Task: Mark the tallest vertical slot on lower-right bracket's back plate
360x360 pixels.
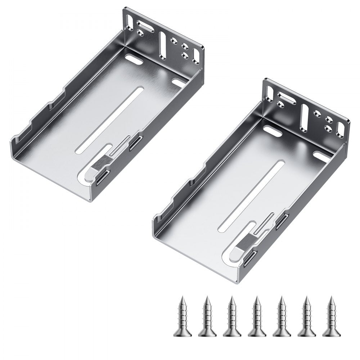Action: tap(304, 117)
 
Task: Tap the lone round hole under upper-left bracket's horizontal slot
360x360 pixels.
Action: tap(141, 41)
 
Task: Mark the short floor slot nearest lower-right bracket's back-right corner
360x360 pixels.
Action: tap(321, 156)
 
